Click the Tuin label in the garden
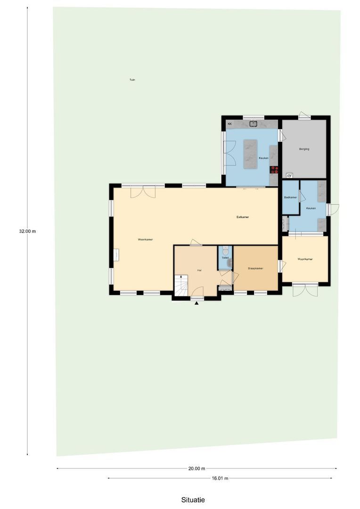(132, 80)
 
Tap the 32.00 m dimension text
(27, 231)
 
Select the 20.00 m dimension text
(196, 468)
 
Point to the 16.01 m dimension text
(220, 478)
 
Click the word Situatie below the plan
(193, 500)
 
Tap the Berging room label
(304, 149)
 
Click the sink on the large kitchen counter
(253, 124)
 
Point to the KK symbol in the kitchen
(230, 124)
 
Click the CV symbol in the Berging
(289, 176)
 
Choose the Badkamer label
(290, 197)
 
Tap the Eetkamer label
(243, 217)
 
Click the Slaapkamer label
(255, 268)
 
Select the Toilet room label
(225, 258)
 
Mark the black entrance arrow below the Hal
(197, 303)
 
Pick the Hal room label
(199, 271)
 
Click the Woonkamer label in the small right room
(305, 259)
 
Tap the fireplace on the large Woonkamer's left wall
(116, 255)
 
